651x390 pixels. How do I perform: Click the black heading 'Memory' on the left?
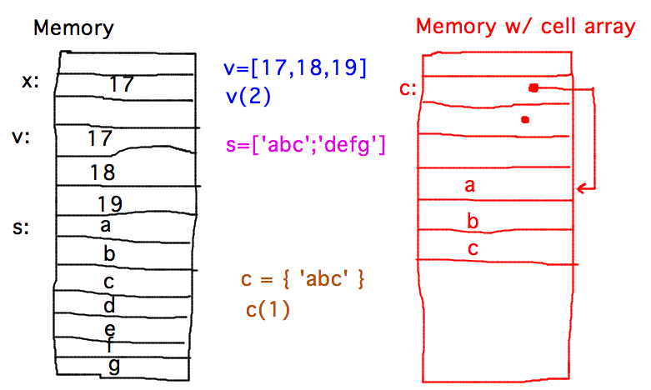[x=73, y=28]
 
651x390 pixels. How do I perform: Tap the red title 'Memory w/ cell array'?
[x=525, y=26]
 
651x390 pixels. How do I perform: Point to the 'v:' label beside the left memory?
[x=23, y=136]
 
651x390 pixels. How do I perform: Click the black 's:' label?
[x=23, y=227]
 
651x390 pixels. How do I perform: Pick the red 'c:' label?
[x=408, y=89]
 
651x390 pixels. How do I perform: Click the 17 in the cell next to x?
[x=121, y=84]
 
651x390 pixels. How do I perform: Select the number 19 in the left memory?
[x=109, y=202]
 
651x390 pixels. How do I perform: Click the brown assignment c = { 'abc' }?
[x=303, y=280]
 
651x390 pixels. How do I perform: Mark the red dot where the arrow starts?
[x=533, y=87]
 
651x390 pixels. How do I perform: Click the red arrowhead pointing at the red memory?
[x=581, y=191]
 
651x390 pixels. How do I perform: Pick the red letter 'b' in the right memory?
[x=472, y=221]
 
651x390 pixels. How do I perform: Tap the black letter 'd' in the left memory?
[x=109, y=306]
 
